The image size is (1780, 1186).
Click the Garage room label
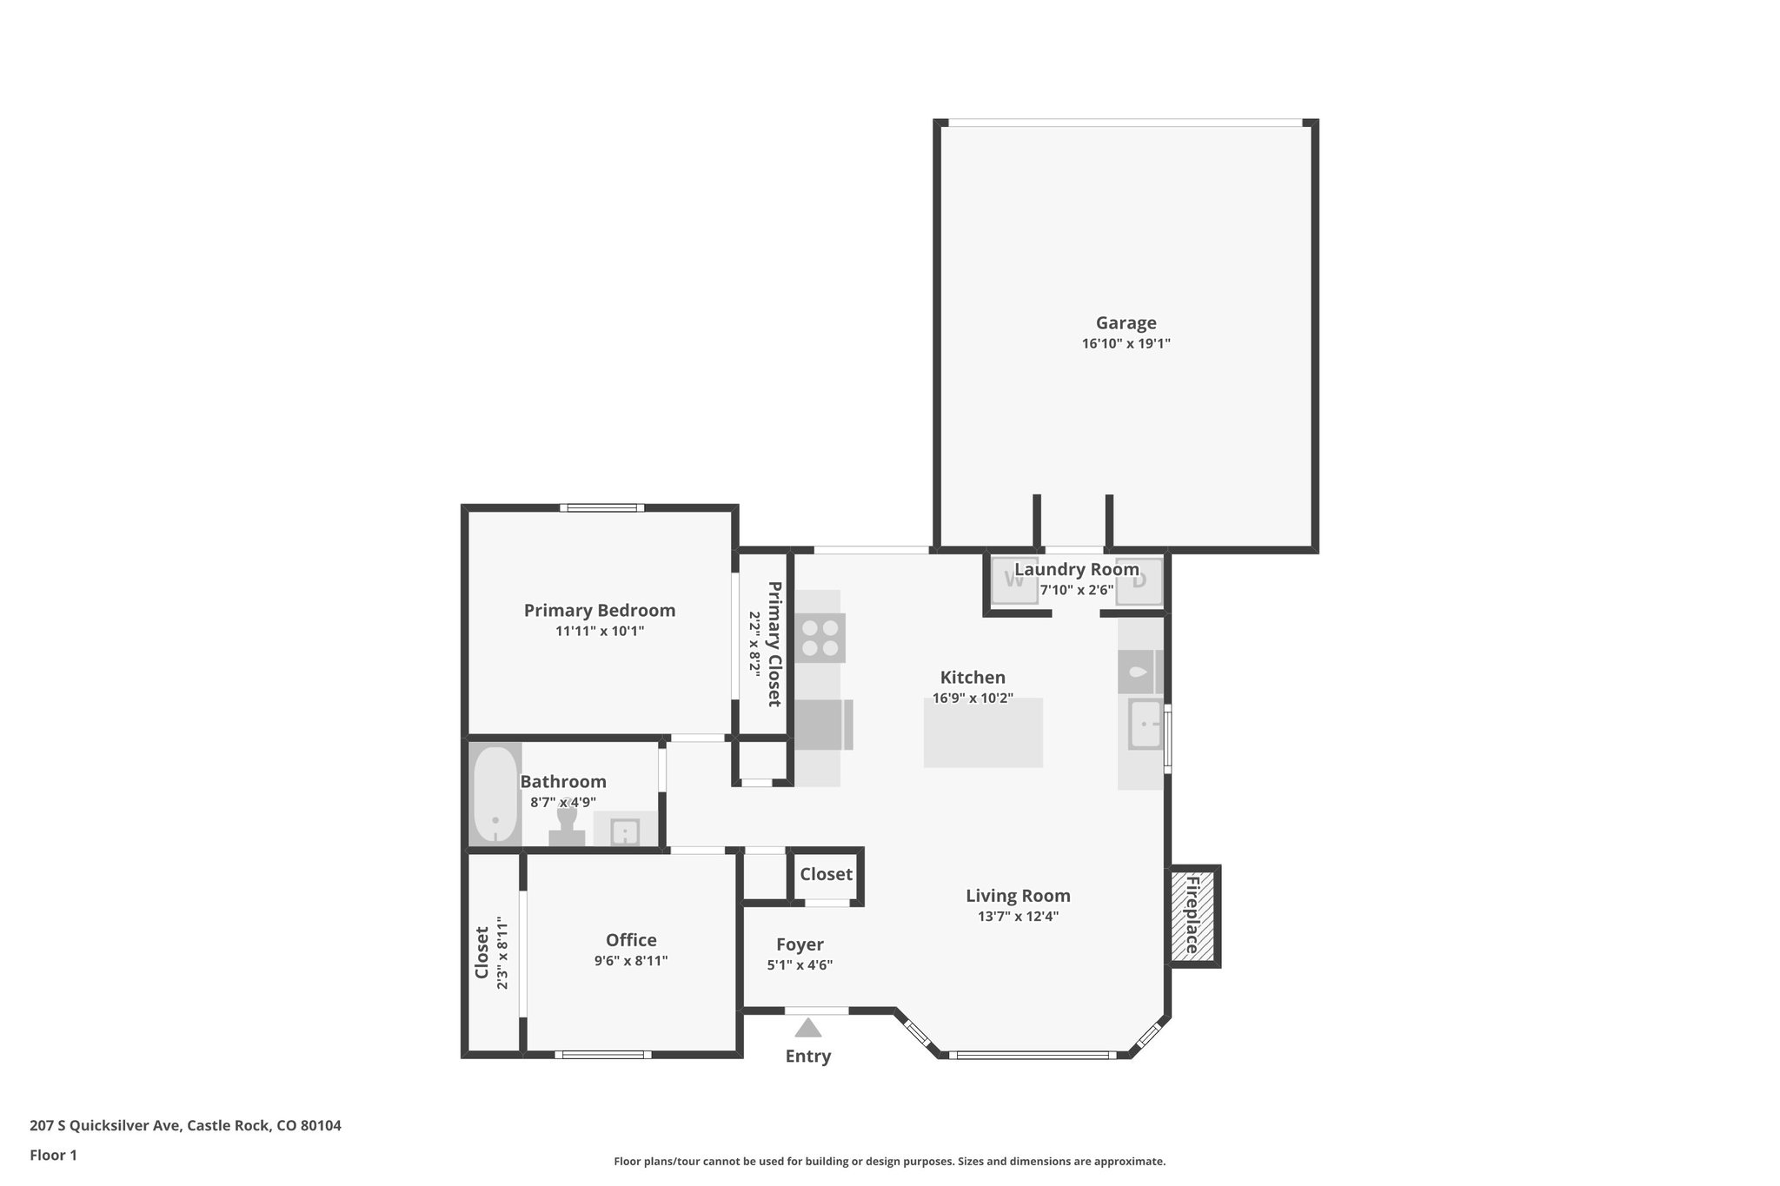pos(1126,323)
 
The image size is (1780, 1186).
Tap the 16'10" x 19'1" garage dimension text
pos(1126,344)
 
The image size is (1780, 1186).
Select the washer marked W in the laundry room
pos(1013,580)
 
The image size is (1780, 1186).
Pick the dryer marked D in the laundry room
pos(1139,580)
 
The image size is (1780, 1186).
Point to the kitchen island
pos(983,733)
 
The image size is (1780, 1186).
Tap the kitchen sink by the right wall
pos(1146,725)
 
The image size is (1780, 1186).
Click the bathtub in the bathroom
pos(495,794)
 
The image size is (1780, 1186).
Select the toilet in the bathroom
pos(567,825)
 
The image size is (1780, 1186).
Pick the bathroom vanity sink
pos(625,832)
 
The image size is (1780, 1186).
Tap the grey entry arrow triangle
pos(808,1029)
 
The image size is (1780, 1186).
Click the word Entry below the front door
pos(808,1057)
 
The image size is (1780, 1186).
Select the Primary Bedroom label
pos(599,611)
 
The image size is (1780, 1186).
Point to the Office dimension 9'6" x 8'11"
pos(631,961)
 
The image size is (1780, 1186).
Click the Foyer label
pos(800,944)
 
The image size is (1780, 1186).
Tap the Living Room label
pos(1018,896)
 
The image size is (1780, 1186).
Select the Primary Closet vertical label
pos(774,644)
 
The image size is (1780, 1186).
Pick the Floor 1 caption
pos(53,1156)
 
